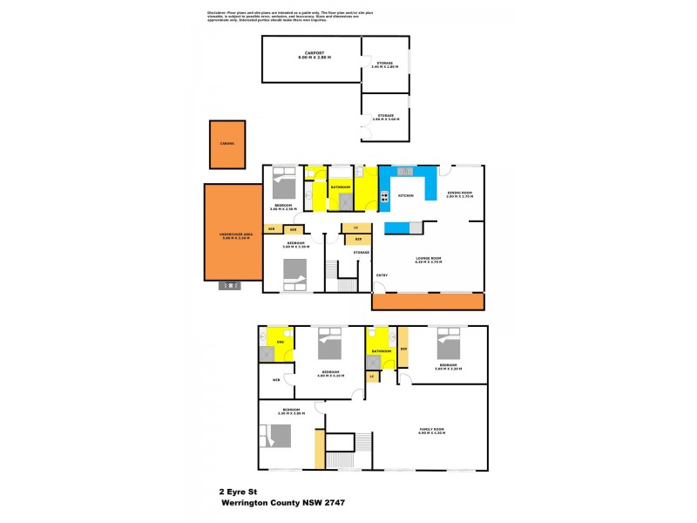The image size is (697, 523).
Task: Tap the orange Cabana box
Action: [x=227, y=145]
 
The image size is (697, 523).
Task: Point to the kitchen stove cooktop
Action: [x=384, y=195]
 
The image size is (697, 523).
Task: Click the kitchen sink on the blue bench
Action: [x=405, y=172]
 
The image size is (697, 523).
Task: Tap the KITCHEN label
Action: [x=406, y=196]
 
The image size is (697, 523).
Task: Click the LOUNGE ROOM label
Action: [x=428, y=259]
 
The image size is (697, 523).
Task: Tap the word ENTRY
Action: [x=381, y=275]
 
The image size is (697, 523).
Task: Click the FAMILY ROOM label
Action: [x=431, y=429]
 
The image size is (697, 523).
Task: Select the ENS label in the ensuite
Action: [x=280, y=343]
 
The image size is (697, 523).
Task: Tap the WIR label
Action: [x=276, y=380]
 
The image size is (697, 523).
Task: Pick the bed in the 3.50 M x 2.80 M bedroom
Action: [x=281, y=435]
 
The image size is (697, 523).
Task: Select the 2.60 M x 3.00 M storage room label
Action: [x=384, y=117]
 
